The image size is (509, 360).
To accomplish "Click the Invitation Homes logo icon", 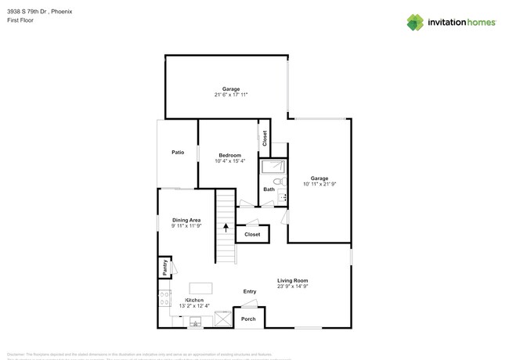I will click(415, 23).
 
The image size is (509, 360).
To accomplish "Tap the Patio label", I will click(178, 152).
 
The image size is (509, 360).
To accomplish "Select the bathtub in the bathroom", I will click(273, 166).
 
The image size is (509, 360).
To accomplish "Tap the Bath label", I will click(269, 189).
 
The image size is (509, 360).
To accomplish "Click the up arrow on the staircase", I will click(226, 229).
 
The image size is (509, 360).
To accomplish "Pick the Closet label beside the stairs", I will click(252, 234).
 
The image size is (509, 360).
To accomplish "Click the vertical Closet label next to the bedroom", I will click(265, 139).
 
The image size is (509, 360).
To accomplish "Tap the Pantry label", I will click(165, 268).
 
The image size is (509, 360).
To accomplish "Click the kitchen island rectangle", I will click(201, 288).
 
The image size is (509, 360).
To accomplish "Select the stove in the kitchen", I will click(164, 299).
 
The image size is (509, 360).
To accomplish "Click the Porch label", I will click(248, 319).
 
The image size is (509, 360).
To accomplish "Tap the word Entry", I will click(249, 292).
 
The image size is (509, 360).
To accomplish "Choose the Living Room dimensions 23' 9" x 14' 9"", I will click(293, 286).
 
